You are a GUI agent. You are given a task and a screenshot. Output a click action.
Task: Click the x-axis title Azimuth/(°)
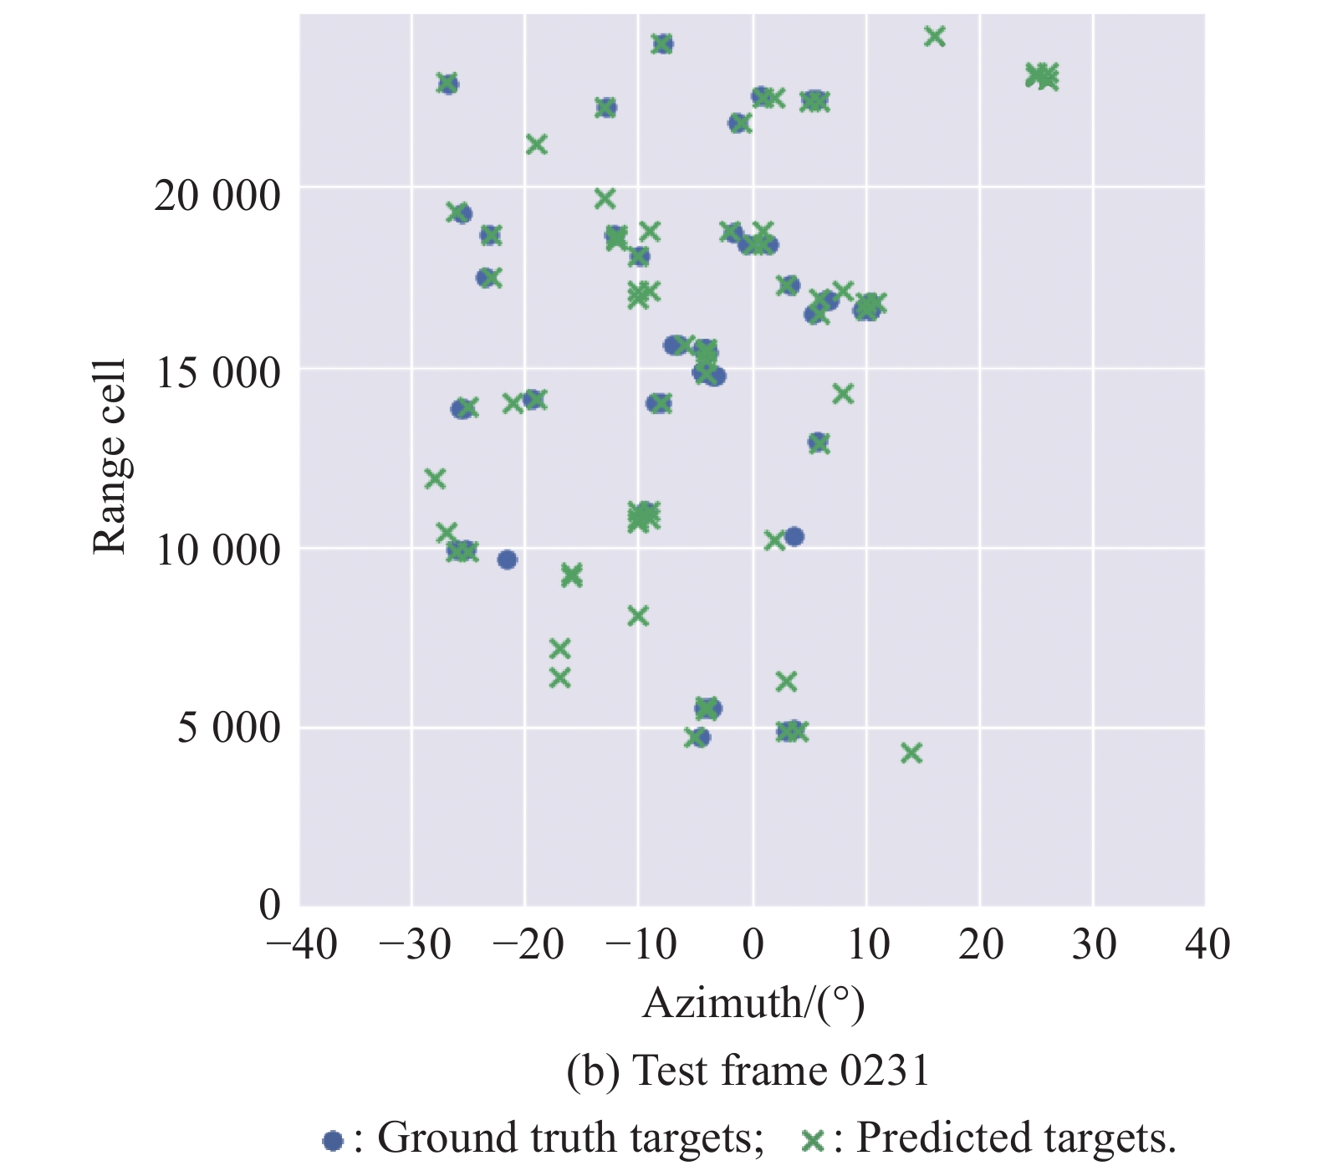click(753, 1003)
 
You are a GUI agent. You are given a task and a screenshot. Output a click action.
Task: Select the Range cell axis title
click(110, 456)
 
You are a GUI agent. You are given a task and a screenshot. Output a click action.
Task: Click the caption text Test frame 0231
click(779, 1071)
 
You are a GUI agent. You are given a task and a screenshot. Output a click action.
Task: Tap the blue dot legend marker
click(333, 1140)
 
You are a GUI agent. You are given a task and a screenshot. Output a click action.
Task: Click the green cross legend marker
click(812, 1140)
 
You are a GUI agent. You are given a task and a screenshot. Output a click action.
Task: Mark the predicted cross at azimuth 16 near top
click(935, 37)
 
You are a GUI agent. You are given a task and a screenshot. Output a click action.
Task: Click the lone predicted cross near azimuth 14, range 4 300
click(911, 754)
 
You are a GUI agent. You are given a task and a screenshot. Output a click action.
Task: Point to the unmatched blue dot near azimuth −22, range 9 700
click(507, 560)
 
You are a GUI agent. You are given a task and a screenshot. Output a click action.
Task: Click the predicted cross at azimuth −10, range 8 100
click(638, 616)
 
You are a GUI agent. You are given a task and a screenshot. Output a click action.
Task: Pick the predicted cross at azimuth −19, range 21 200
click(536, 145)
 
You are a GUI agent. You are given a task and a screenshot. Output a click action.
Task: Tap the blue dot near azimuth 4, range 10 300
click(794, 536)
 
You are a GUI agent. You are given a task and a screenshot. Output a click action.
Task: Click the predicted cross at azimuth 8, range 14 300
click(843, 393)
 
